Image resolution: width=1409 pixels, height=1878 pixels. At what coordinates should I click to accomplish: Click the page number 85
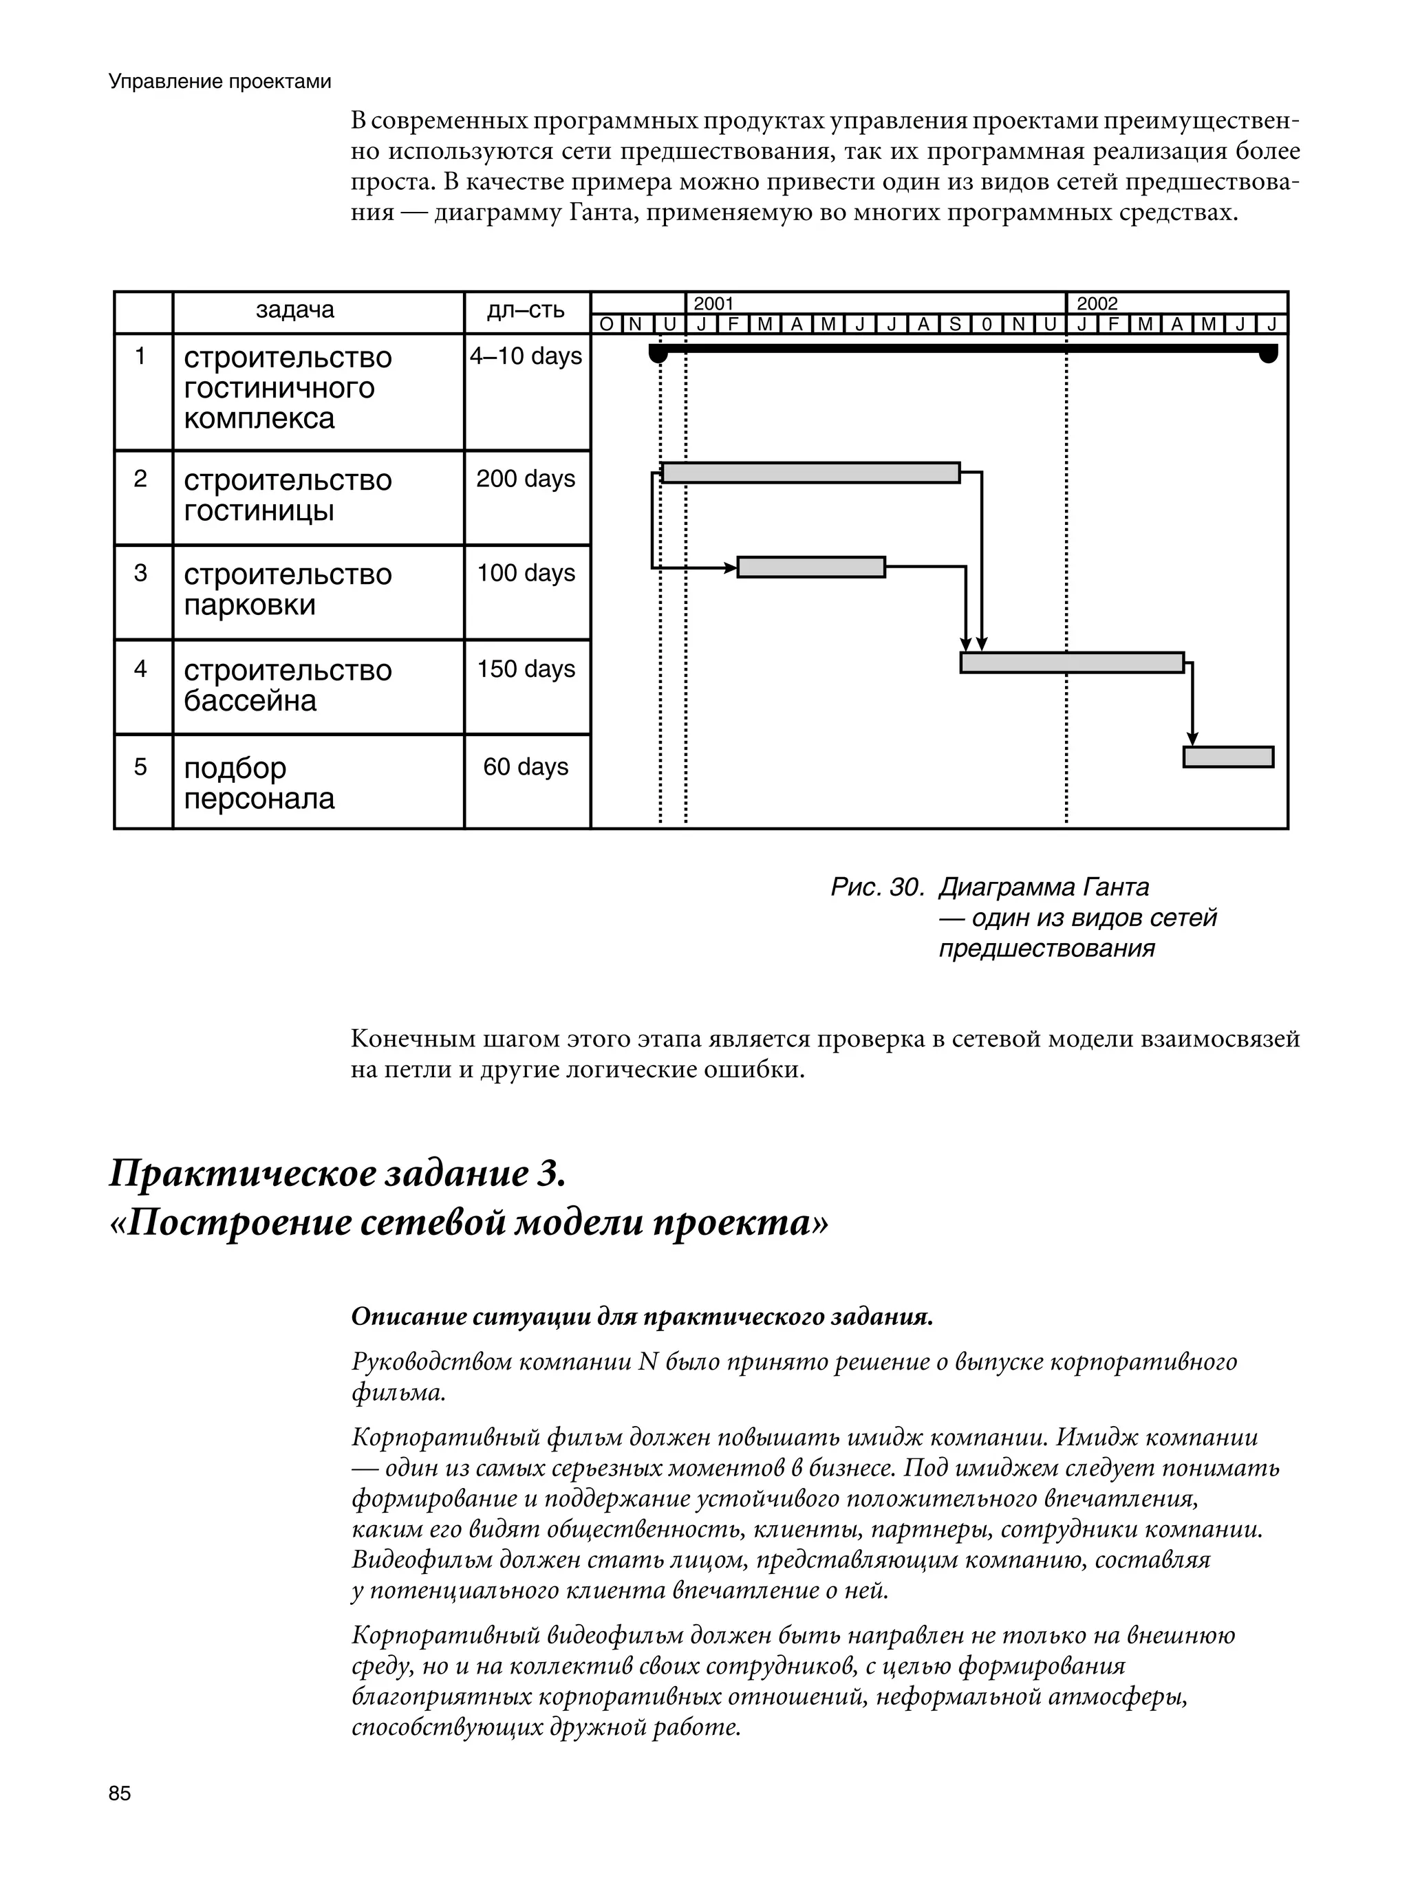coord(120,1794)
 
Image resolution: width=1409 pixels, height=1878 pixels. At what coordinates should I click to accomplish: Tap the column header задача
coord(294,310)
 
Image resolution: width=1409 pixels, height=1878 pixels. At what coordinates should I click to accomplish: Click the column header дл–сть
coord(526,310)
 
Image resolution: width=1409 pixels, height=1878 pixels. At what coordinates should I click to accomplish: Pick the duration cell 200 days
coord(526,479)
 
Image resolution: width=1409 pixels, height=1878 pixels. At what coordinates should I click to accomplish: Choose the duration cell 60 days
coord(526,766)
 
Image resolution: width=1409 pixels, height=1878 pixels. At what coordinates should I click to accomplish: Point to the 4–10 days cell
coord(526,356)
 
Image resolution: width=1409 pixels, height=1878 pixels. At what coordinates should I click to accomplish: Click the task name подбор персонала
coord(259,783)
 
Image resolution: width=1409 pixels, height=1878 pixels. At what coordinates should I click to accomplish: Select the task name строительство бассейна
coord(287,685)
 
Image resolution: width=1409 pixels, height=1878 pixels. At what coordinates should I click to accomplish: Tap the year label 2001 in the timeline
coord(713,303)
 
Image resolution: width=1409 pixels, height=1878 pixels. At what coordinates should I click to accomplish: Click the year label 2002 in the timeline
coord(1097,303)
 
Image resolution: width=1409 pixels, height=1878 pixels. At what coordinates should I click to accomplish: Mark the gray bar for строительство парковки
coord(810,567)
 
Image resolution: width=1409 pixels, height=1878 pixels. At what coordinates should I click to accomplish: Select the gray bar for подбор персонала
coord(1228,757)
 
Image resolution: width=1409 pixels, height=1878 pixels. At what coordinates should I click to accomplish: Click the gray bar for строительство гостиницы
coord(810,473)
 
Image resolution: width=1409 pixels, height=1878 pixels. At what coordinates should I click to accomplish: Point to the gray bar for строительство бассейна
coord(1071,662)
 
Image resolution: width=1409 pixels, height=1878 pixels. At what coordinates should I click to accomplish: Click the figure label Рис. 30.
coord(876,888)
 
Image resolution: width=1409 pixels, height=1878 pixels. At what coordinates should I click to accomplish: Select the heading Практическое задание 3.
coord(337,1174)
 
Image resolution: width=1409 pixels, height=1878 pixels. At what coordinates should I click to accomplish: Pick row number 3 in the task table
coord(141,573)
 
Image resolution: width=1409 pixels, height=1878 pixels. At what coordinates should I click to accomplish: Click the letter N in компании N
coord(647,1363)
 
